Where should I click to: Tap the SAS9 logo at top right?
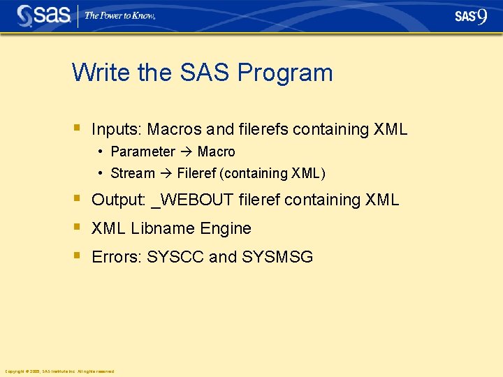pos(471,16)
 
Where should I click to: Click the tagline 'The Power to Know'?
pos(120,15)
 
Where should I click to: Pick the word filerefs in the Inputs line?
pos(263,129)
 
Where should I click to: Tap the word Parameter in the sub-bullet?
pos(143,151)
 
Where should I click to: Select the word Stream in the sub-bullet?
pos(133,173)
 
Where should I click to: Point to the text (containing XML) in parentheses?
pos(272,173)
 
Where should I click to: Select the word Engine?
pos(225,228)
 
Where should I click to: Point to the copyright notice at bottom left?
pos(59,371)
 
